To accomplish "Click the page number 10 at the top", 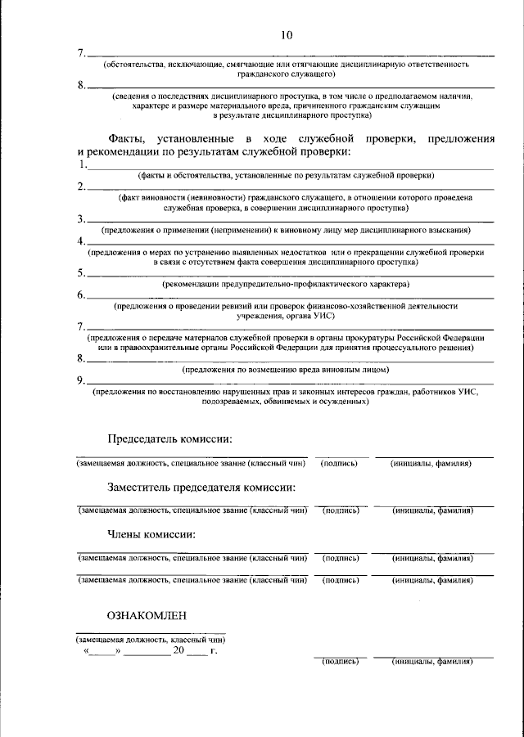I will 286,35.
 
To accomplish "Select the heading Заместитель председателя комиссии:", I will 201,488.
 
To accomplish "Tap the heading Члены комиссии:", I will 151,535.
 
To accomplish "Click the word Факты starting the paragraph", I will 127,137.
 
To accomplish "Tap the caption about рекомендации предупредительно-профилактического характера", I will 286,284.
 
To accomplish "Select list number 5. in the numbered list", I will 82,273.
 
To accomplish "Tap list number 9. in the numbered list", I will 82,380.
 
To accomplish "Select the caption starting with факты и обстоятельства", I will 286,176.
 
